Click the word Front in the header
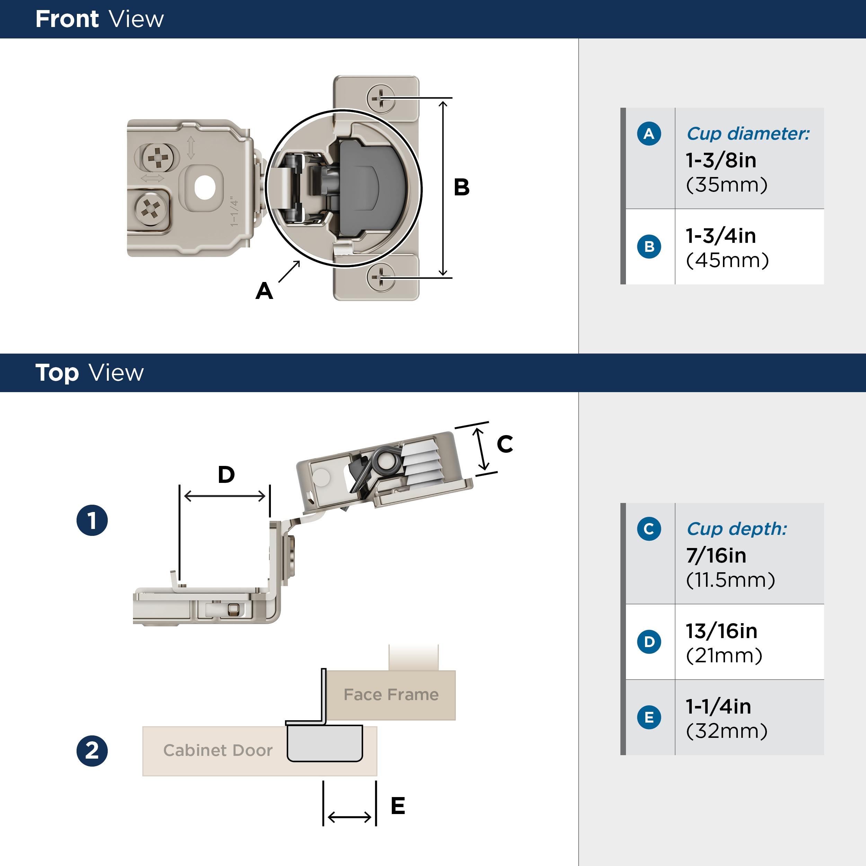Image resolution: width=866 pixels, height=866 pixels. point(67,19)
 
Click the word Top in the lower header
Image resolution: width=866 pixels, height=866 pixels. point(57,373)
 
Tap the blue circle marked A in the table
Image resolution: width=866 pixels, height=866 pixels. point(648,134)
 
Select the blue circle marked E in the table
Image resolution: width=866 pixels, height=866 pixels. point(648,717)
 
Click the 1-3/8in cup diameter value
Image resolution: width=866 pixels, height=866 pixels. point(721,160)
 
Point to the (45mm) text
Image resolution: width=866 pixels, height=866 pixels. point(727,260)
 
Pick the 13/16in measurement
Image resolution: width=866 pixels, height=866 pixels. point(721,631)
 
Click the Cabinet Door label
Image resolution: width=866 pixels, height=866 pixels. point(218,750)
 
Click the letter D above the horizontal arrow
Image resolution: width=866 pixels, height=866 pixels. point(226,475)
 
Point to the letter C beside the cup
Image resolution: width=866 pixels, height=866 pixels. point(505,444)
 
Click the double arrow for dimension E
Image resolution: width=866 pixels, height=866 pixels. point(350,817)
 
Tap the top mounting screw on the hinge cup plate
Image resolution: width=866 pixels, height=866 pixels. point(381,97)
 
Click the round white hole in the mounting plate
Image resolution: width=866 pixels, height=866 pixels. point(205,188)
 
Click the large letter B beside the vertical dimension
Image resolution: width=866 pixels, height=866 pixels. point(461,187)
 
